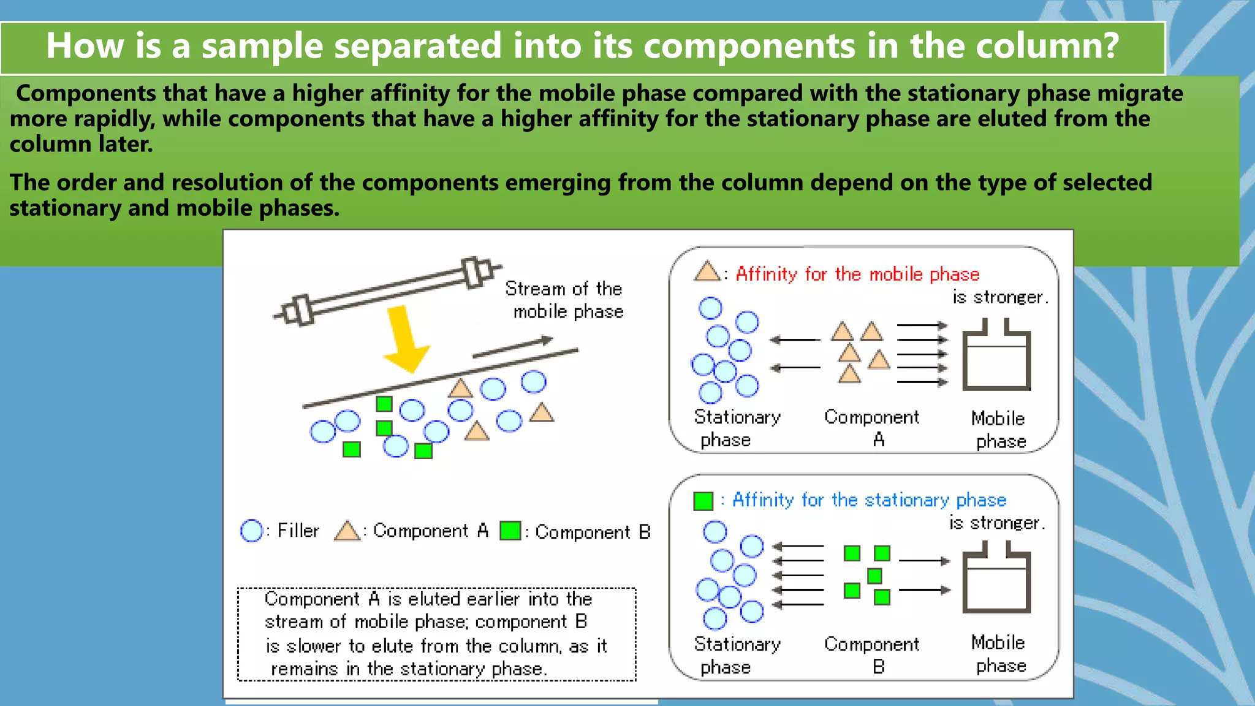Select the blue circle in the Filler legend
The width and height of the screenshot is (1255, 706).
251,531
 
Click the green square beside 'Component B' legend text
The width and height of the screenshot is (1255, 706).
510,531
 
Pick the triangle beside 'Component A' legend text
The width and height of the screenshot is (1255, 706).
347,531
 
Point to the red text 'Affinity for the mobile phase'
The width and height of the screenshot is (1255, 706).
857,274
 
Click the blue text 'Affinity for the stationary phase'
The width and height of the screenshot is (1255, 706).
869,500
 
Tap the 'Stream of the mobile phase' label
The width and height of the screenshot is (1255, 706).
564,300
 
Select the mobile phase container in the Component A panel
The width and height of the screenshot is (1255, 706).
996,355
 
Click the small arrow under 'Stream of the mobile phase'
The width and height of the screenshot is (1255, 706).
512,347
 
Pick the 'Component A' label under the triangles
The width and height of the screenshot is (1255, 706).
871,428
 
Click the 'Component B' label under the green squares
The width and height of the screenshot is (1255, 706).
871,655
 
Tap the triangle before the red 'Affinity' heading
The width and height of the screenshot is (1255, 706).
707,271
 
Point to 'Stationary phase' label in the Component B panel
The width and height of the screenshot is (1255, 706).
737,655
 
